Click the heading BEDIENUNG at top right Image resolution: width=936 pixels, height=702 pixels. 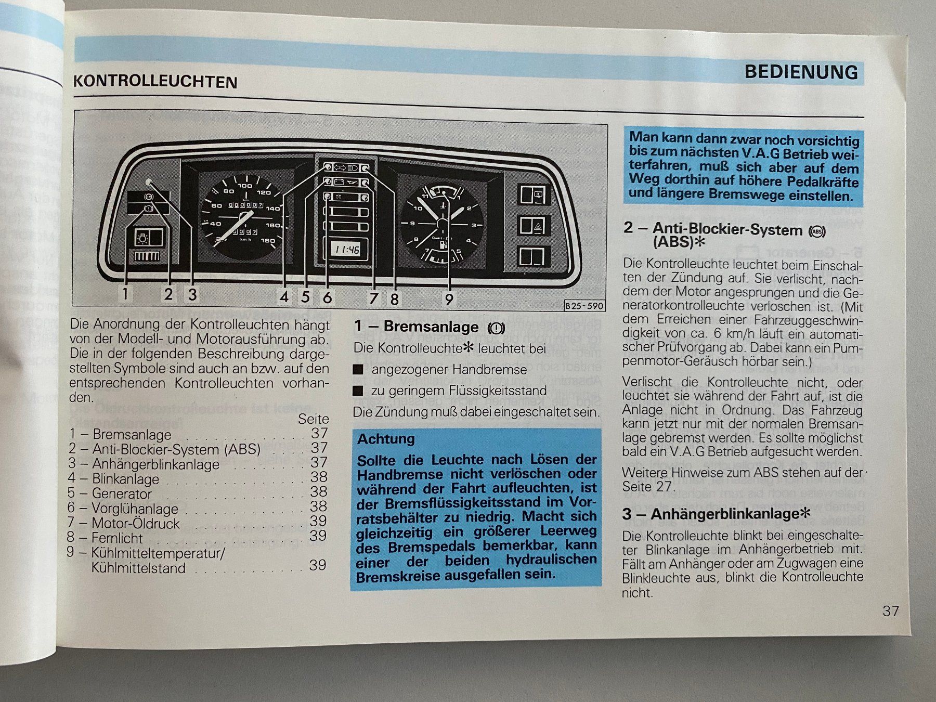click(801, 72)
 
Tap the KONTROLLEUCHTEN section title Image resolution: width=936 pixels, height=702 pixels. click(155, 82)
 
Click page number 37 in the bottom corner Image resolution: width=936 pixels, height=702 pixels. click(891, 611)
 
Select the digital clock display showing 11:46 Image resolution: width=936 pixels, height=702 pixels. click(347, 249)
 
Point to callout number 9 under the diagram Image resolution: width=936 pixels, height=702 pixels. click(449, 299)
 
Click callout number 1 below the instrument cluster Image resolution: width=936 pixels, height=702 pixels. click(125, 294)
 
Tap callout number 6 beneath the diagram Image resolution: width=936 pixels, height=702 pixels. click(327, 297)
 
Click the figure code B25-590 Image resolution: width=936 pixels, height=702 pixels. click(584, 306)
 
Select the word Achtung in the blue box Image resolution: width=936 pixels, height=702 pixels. click(386, 439)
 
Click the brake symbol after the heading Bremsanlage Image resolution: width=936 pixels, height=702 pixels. click(496, 328)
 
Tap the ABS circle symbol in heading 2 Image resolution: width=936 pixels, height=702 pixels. click(817, 231)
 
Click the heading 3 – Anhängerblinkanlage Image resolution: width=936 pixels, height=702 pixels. click(716, 514)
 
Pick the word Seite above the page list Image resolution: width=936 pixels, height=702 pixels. click(314, 419)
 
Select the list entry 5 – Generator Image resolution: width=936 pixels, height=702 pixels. click(110, 493)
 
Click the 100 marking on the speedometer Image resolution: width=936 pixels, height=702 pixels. click(245, 186)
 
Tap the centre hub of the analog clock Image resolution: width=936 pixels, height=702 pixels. click(443, 225)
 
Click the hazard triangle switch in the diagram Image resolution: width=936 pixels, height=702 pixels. click(532, 226)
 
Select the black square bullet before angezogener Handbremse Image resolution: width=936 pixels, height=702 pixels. click(358, 370)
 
